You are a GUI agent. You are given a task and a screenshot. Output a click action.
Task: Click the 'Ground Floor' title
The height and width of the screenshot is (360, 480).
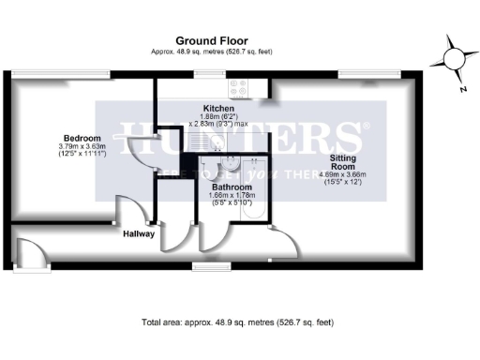tap(211, 40)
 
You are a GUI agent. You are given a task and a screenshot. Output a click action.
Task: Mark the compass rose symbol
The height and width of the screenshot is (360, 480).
tap(453, 58)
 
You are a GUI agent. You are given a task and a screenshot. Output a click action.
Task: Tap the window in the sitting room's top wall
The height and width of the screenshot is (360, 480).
tap(352, 74)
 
